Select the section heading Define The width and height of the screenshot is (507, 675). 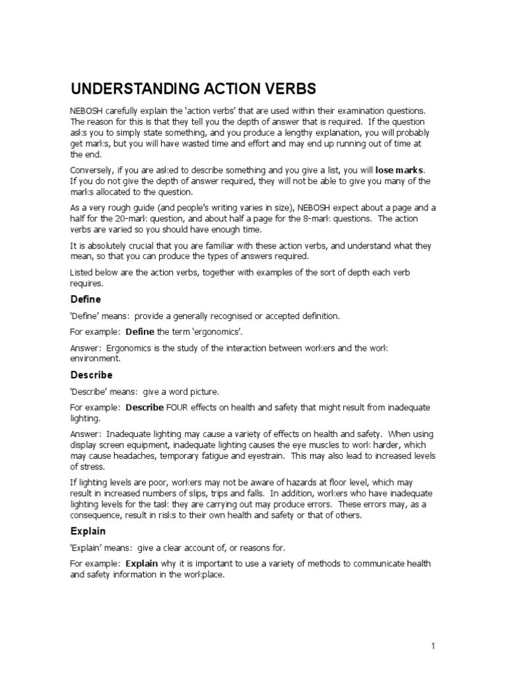(x=86, y=299)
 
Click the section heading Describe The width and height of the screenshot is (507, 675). (x=92, y=375)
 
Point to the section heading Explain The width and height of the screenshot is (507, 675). (x=88, y=531)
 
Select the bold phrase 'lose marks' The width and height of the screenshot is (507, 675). (x=399, y=171)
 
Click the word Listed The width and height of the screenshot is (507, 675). (x=83, y=273)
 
